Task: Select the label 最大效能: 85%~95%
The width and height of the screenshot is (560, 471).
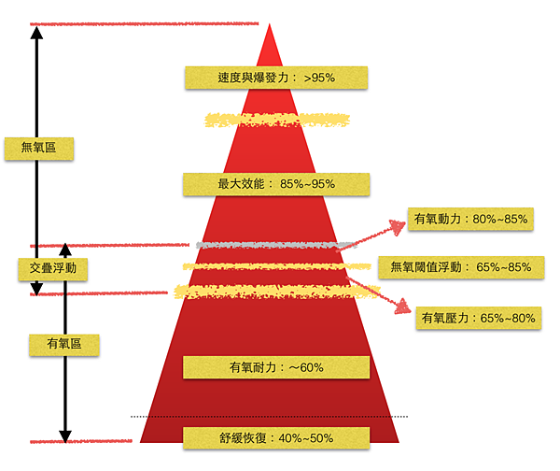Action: (276, 183)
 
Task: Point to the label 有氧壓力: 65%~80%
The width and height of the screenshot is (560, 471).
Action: (479, 318)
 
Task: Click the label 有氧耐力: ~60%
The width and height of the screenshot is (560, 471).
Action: (275, 367)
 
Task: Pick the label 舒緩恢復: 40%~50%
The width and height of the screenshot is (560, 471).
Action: (276, 438)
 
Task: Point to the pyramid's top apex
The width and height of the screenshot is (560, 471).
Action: (270, 25)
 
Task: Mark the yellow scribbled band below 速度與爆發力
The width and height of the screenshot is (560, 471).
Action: (277, 121)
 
